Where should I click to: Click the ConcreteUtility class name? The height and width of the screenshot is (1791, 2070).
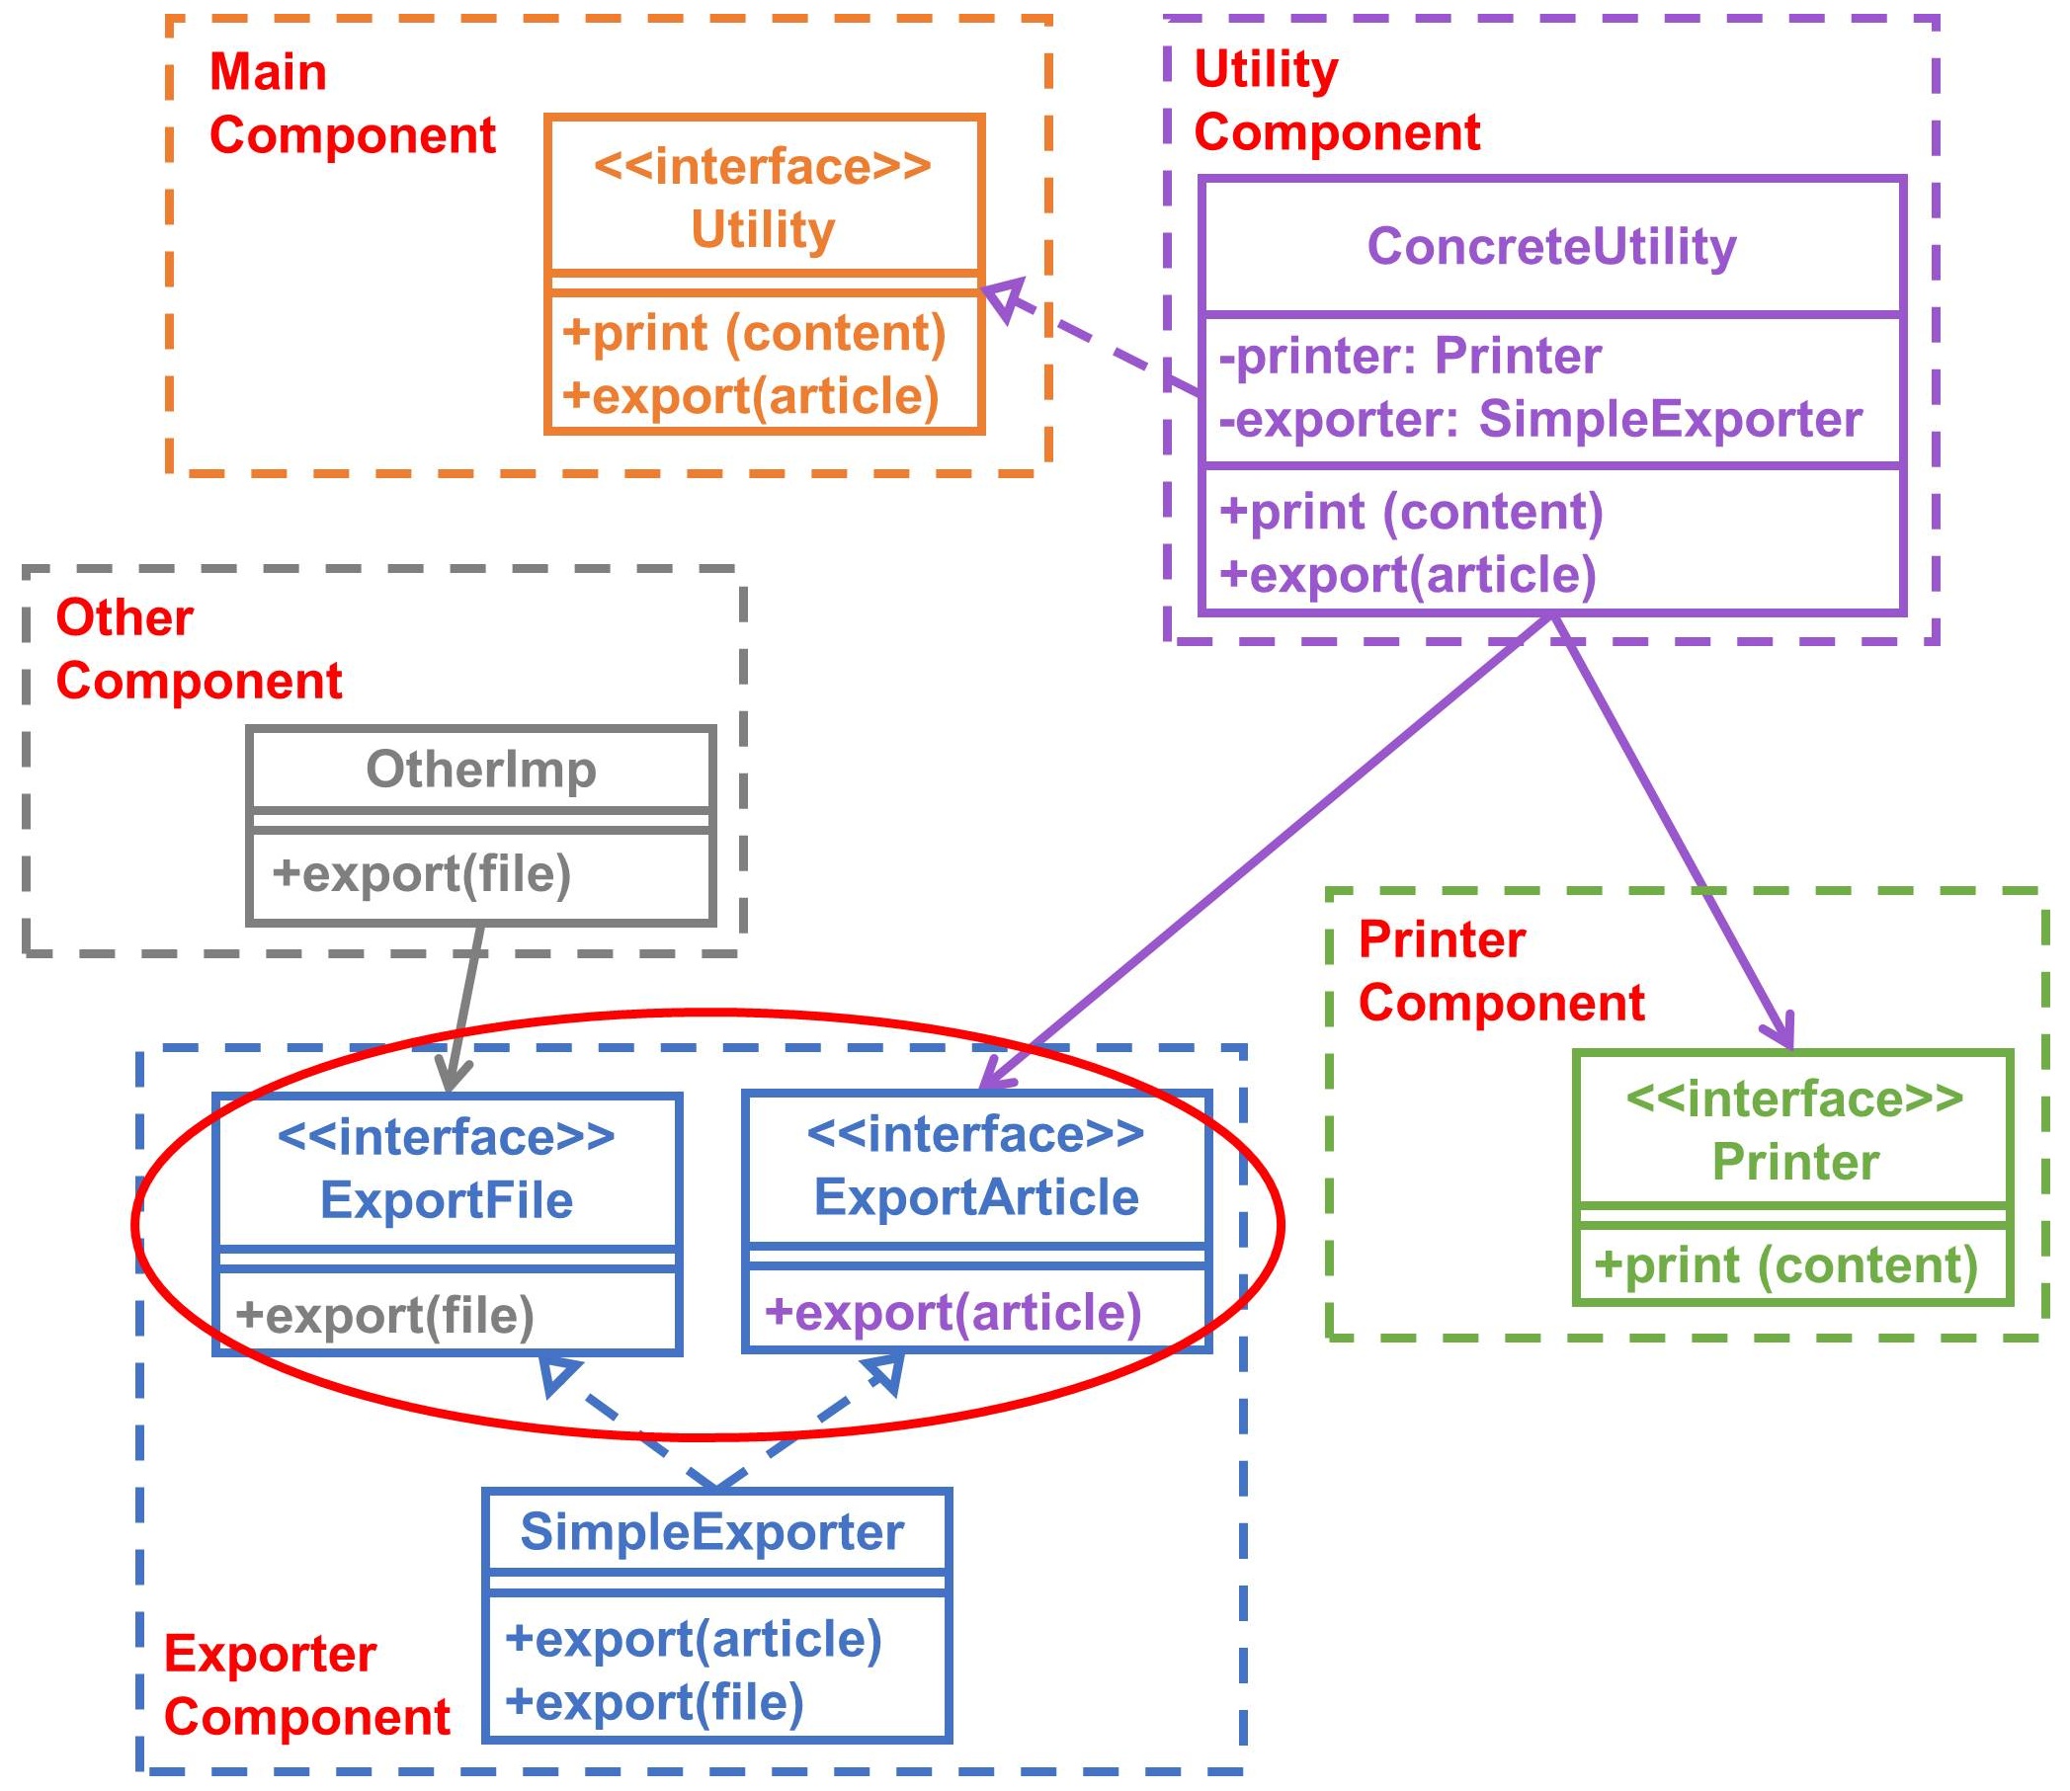[x=1550, y=247]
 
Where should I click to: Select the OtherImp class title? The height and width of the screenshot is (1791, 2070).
[x=481, y=770]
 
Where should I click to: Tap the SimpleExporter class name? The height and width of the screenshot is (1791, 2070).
[x=711, y=1532]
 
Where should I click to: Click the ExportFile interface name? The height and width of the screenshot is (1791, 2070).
[x=447, y=1200]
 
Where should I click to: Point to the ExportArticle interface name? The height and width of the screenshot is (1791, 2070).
[x=975, y=1197]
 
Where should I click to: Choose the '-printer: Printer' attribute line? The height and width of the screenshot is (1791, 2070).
[x=1409, y=357]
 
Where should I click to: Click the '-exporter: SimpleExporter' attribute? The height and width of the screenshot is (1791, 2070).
[x=1540, y=419]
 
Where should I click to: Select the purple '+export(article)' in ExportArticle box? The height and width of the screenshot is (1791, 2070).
[x=952, y=1312]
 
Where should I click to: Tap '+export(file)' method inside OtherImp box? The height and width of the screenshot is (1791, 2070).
[x=421, y=873]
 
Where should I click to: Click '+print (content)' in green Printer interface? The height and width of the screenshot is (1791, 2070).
[x=1785, y=1265]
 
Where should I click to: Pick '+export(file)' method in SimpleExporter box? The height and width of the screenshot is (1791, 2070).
[x=654, y=1702]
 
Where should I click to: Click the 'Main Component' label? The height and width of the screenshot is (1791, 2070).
[x=352, y=104]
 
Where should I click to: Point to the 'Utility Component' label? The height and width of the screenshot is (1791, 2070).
[x=1336, y=101]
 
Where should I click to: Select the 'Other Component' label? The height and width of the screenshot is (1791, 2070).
[x=198, y=650]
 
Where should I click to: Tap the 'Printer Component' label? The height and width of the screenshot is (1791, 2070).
[x=1500, y=971]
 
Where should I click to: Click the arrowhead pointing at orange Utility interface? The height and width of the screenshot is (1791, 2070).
[x=1003, y=296]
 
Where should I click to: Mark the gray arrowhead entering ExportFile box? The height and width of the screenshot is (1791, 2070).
[x=452, y=1078]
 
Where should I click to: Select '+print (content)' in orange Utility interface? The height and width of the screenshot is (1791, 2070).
[x=754, y=334]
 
